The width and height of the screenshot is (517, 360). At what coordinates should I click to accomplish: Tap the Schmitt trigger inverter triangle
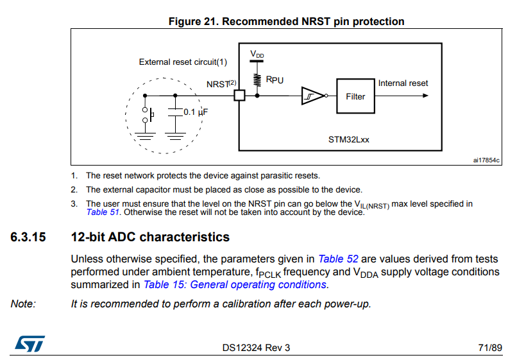pyautogui.click(x=312, y=96)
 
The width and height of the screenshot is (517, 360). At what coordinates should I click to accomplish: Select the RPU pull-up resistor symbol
pyautogui.click(x=257, y=80)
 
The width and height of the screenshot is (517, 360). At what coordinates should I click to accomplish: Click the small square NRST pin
pyautogui.click(x=239, y=96)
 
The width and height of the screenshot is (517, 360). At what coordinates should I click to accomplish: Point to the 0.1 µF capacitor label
pyautogui.click(x=196, y=112)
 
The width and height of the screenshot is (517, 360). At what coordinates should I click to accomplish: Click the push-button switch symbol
pyautogui.click(x=148, y=115)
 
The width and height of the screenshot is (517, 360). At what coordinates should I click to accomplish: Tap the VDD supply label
pyautogui.click(x=257, y=54)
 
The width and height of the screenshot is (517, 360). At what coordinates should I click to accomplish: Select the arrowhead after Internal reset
pyautogui.click(x=425, y=96)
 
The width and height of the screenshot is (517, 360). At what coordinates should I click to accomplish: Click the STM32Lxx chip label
pyautogui.click(x=348, y=140)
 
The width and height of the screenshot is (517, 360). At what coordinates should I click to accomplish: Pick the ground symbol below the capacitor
pyautogui.click(x=175, y=136)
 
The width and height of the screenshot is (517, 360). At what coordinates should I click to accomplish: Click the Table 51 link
pyautogui.click(x=103, y=212)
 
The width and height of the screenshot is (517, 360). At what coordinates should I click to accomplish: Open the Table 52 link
pyautogui.click(x=338, y=259)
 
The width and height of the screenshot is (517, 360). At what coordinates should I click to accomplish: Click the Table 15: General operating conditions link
pyautogui.click(x=235, y=284)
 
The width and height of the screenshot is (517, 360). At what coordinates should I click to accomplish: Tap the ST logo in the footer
pyautogui.click(x=30, y=344)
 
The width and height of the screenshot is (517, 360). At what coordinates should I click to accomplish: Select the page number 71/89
pyautogui.click(x=490, y=348)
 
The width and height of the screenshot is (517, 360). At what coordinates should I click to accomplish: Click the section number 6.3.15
pyautogui.click(x=28, y=237)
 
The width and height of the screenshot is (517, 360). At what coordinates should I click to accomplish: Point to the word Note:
pyautogui.click(x=23, y=304)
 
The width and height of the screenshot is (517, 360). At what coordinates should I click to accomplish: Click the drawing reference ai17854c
pyautogui.click(x=486, y=160)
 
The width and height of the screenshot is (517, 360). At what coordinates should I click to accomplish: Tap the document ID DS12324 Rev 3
pyautogui.click(x=256, y=348)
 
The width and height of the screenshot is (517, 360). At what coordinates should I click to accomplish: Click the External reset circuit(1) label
pyautogui.click(x=183, y=62)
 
